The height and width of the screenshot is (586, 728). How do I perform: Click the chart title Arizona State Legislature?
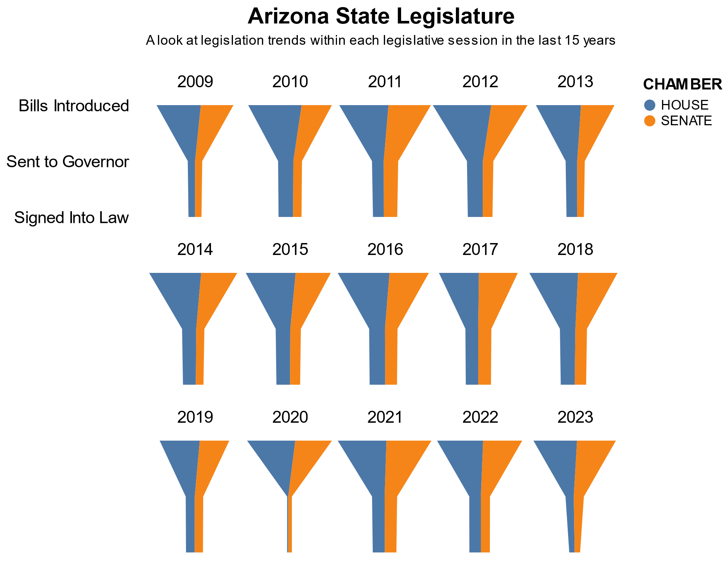pos(381,17)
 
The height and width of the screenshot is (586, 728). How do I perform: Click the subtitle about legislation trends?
pos(381,40)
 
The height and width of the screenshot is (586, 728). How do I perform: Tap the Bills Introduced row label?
pos(74,106)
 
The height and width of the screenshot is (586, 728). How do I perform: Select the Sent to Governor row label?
pos(68,162)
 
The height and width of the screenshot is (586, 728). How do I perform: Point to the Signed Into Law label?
pos(72,218)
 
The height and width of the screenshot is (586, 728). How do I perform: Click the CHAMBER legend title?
pos(682,85)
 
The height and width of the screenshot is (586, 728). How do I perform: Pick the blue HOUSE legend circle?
pos(650,105)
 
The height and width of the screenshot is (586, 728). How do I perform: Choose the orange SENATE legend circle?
pos(650,121)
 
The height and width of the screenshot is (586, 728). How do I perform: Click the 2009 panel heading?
pos(195,82)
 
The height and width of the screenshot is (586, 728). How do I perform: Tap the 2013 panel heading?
pos(575,82)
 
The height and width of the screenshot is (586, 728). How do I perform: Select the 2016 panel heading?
pos(385,249)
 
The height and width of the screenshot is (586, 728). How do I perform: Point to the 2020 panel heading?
pos(290,417)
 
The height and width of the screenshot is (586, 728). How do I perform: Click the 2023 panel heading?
pos(575,417)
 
